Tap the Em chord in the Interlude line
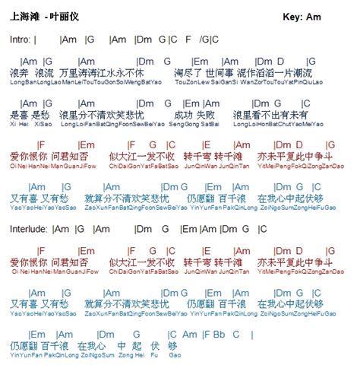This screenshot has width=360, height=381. point(188,227)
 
